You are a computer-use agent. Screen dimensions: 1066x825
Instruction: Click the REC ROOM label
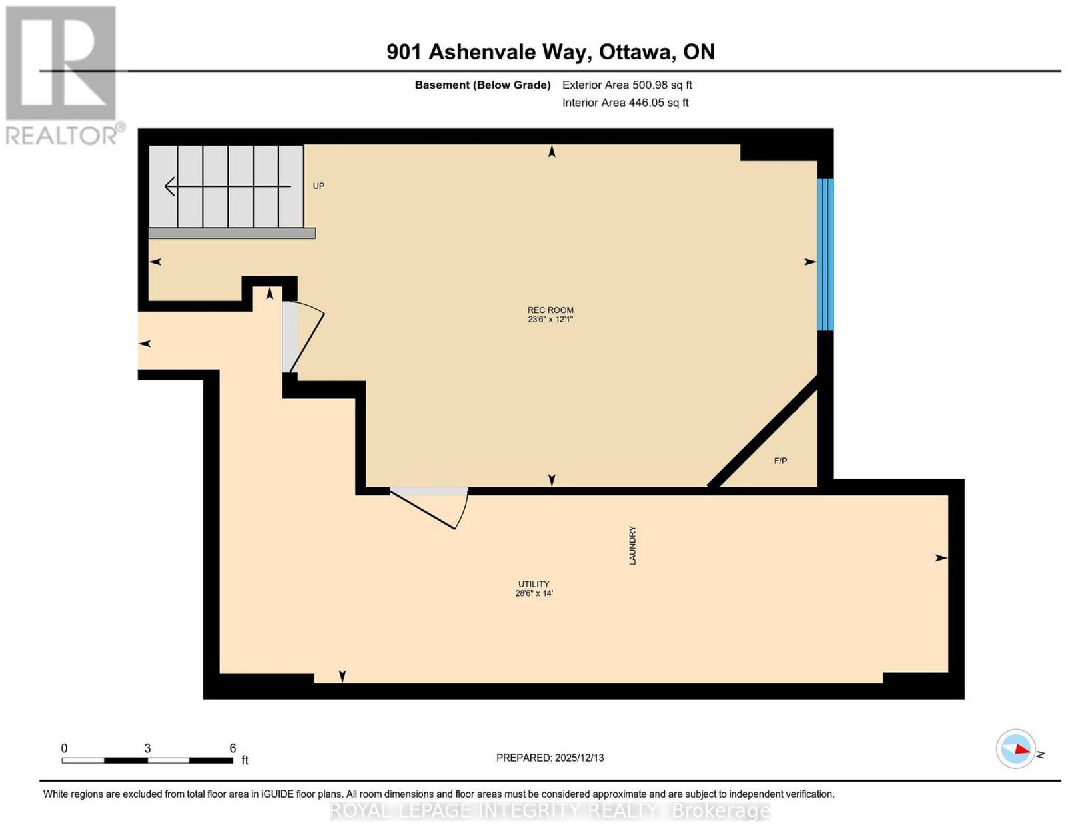[550, 310]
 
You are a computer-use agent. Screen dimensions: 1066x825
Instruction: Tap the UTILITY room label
[534, 584]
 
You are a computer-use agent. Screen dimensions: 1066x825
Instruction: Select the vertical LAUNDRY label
[632, 545]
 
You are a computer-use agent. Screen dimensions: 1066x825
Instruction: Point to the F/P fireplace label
[780, 461]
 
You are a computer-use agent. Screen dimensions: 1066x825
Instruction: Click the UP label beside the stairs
[318, 186]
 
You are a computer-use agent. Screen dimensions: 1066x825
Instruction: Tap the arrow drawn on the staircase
[228, 186]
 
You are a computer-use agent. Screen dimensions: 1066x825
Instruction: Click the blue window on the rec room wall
[825, 254]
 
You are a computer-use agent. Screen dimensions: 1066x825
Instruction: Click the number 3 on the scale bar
[147, 748]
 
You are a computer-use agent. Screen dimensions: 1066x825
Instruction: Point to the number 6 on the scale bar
[232, 748]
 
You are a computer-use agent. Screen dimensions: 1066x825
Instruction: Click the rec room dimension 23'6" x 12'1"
[550, 319]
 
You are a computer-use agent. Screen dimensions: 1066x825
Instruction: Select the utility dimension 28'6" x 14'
[534, 593]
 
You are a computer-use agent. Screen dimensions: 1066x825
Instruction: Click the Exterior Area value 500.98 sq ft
[662, 85]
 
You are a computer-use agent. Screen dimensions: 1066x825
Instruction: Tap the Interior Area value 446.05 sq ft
[658, 103]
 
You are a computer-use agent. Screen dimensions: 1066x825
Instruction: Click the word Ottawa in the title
[636, 52]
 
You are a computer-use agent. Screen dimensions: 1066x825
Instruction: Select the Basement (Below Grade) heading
[483, 85]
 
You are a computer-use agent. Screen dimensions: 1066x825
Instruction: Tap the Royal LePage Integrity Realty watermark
[550, 811]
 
